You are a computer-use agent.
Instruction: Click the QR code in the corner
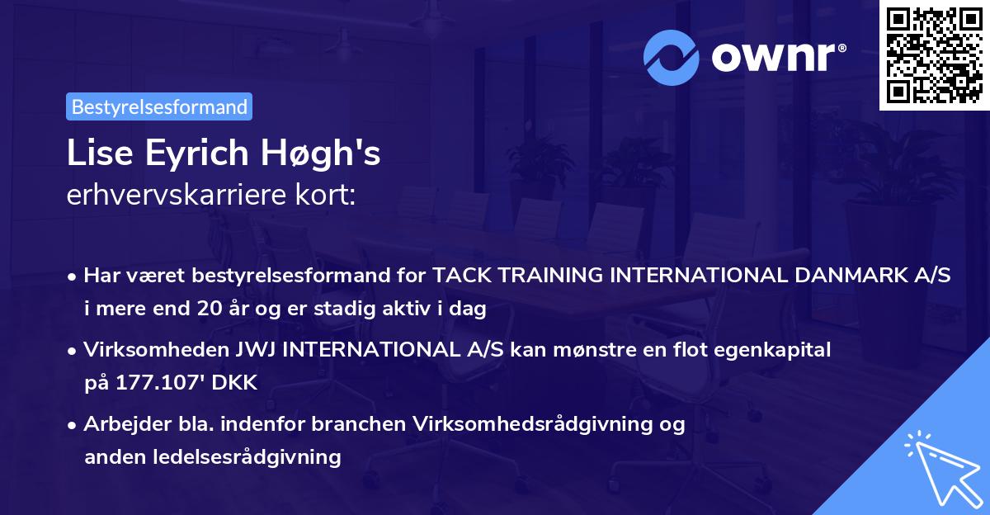pos(934,54)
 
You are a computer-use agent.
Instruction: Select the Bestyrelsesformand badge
pos(159,106)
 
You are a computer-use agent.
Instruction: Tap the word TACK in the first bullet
pos(460,276)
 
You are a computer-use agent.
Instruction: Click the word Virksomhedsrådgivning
pos(534,424)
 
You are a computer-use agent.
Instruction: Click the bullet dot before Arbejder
pos(73,425)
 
